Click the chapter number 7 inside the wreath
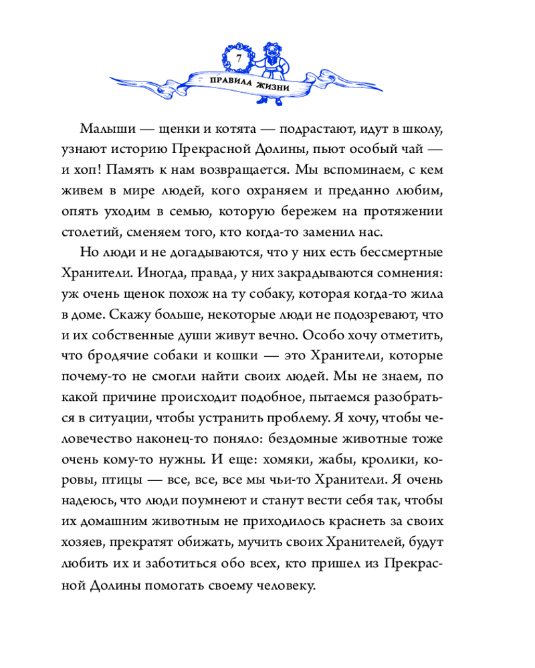click(237, 59)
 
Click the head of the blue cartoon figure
click(274, 52)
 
